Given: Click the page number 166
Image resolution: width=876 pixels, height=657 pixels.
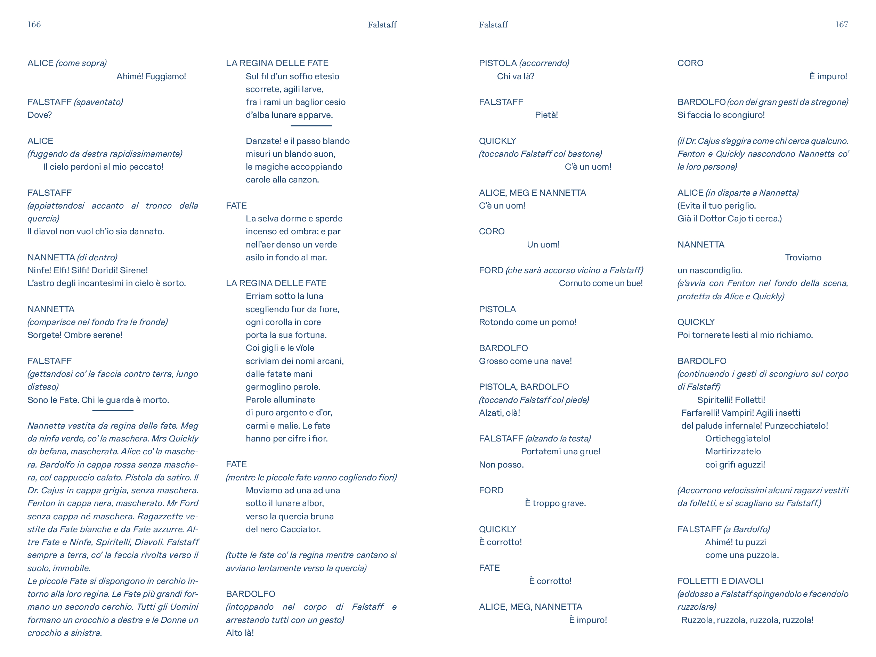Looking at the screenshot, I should coord(34,25).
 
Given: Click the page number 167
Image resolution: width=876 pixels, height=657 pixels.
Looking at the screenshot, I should coord(841,25).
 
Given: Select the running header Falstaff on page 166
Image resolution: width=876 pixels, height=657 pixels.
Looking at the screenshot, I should coord(382,25).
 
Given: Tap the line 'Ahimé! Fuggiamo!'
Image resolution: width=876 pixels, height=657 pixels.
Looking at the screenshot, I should coord(151,76).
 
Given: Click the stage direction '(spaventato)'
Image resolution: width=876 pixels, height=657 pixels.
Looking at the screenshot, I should coord(98,102).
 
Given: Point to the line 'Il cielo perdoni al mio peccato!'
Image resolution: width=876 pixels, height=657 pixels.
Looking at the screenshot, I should coord(103,167).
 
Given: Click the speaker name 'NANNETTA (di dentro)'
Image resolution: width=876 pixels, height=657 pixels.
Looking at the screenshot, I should coord(72,258).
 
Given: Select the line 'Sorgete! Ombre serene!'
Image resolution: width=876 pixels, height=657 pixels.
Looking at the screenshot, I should coord(75,335).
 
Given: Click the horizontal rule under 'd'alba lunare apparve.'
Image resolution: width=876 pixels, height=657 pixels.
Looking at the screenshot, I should coord(311,126).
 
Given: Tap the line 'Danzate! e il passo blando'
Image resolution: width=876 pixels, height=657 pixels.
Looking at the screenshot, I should coord(298,141).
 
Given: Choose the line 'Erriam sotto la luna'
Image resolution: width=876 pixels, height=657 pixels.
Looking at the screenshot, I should coord(284,296).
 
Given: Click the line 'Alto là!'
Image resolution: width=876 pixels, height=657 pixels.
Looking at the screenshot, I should coord(240,633).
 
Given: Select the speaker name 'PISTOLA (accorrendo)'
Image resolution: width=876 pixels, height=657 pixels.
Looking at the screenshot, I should coord(524,63).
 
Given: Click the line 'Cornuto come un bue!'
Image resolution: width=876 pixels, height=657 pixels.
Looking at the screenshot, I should coord(600,283).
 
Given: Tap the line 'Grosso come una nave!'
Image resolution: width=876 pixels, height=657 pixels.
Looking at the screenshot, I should coord(525,361).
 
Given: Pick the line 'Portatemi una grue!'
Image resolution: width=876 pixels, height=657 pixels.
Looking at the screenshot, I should coord(560,452).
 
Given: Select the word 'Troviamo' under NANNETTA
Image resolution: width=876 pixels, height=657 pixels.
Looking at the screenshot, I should coord(803,258).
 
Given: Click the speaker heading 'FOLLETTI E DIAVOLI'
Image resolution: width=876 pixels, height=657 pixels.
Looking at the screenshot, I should coord(720,581).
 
